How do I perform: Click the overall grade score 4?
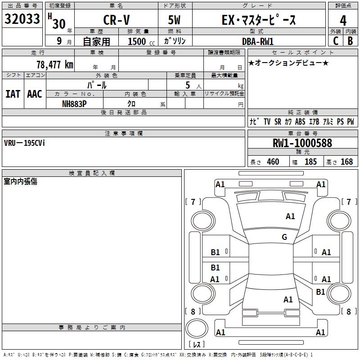pos(343,20)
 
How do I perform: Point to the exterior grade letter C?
pos(335,41)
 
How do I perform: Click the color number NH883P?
pos(74,103)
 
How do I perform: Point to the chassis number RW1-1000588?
pos(302,143)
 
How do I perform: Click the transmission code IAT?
pos(13,94)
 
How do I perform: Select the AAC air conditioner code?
pos(35,94)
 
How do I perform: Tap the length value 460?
pos(273,162)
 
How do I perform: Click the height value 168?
pos(346,162)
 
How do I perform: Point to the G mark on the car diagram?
pos(284,237)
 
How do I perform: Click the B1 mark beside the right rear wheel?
pos(320,292)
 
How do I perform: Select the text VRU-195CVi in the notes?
pos(24,143)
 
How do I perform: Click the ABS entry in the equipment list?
pos(300,122)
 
